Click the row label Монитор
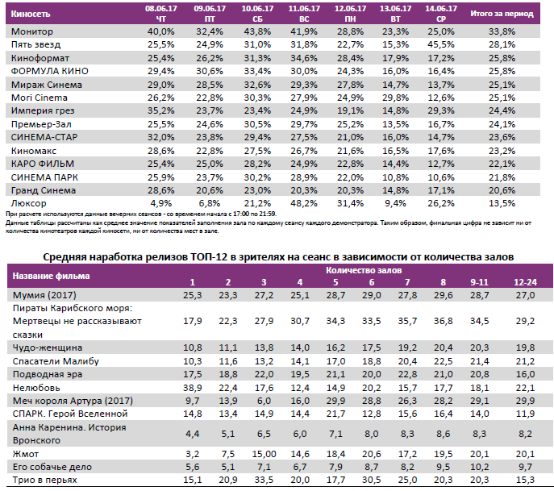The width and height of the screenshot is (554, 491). click(x=32, y=31)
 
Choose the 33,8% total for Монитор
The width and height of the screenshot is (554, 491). click(x=502, y=31)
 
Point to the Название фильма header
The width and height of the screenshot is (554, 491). click(x=50, y=276)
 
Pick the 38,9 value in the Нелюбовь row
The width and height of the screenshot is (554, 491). click(x=191, y=388)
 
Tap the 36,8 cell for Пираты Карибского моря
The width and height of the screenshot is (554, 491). click(x=443, y=321)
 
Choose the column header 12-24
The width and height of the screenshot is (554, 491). click(x=525, y=282)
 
